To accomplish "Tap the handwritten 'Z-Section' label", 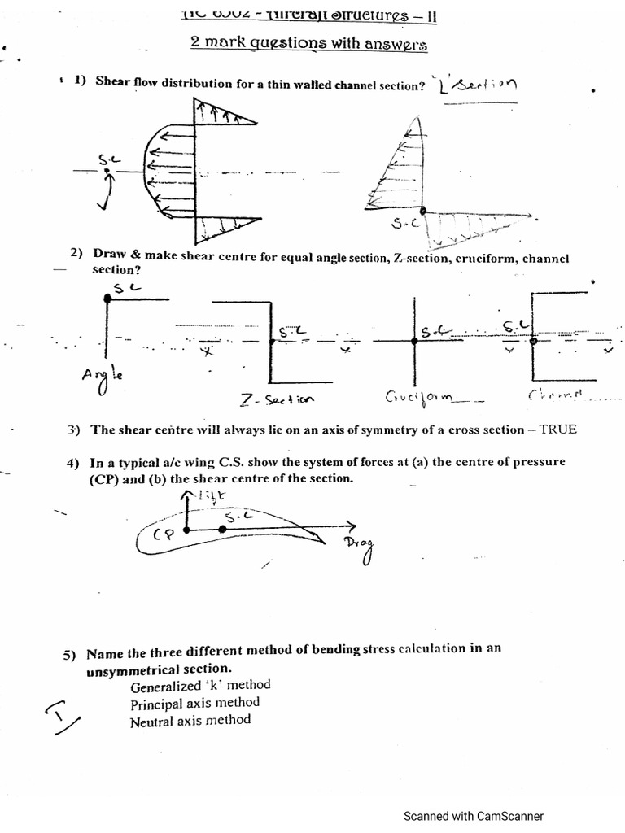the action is (x=277, y=399).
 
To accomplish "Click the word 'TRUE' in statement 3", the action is (x=558, y=429).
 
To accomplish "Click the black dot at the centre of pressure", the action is (x=186, y=530).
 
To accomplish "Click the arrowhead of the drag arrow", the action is (x=352, y=525).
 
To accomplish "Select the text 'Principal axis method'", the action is (x=194, y=702).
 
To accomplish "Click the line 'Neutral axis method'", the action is (x=190, y=720).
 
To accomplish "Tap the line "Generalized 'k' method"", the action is (x=200, y=685).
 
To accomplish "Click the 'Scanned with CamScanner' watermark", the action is (x=474, y=816).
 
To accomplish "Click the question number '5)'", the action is (x=69, y=655).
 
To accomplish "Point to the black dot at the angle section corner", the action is (x=107, y=299).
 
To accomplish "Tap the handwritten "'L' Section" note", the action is (x=476, y=85).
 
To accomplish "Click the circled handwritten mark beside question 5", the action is (x=63, y=716).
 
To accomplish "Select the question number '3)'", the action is (x=74, y=430).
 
